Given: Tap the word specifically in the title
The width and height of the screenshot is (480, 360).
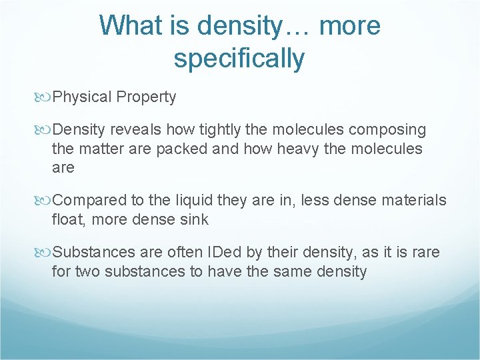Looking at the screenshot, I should (x=239, y=58).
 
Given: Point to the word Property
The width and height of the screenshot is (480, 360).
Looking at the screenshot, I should (x=146, y=97).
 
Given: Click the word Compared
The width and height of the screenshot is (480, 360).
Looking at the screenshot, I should (x=83, y=200).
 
